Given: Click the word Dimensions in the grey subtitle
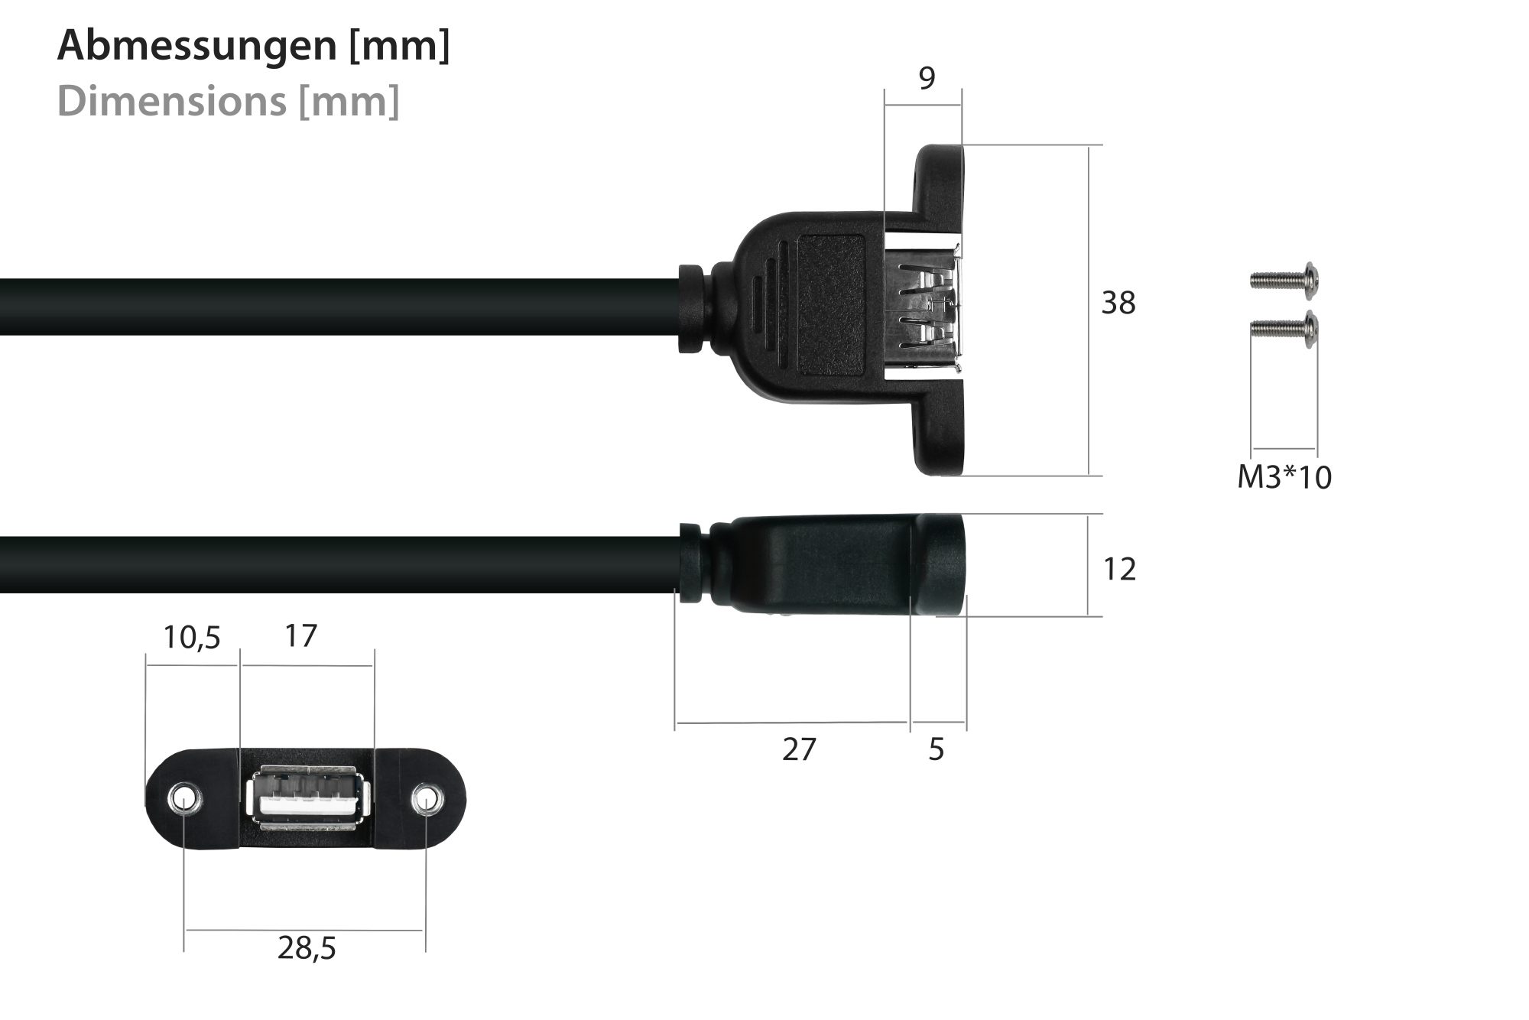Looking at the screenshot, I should point(170,101).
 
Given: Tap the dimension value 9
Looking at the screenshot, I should point(927,78).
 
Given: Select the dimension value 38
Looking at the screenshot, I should point(1118,304).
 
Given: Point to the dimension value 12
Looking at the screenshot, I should point(1119,570).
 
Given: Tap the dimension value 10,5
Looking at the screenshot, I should point(191,638).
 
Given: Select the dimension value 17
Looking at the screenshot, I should point(300,636).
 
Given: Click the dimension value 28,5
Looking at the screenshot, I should point(307,949).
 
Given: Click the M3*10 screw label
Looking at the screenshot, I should point(1284,478).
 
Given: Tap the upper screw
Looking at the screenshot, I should point(1284,280).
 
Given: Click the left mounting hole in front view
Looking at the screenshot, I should point(183,800).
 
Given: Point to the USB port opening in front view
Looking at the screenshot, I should point(308,798).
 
